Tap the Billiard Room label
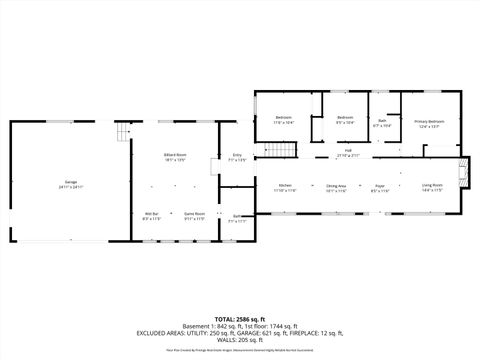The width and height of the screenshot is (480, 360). (175, 157)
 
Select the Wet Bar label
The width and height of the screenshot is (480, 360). (152, 215)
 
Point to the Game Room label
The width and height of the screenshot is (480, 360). (194, 215)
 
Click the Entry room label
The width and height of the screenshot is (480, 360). (237, 157)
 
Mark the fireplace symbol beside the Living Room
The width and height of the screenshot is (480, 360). (461, 172)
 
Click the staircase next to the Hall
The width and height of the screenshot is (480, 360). (283, 151)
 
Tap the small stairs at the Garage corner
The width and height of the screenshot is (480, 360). (124, 134)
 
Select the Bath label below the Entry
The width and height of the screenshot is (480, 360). (237, 218)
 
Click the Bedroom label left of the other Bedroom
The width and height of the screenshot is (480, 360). (283, 119)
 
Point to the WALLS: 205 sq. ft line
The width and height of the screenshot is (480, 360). (240, 340)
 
